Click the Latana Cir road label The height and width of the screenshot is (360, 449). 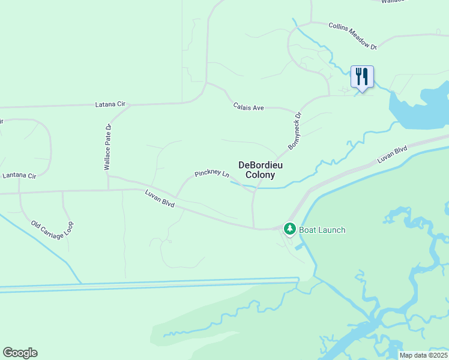coord(110,104)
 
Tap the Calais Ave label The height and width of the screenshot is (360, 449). coord(249,107)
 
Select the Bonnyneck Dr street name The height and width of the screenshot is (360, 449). coord(295,130)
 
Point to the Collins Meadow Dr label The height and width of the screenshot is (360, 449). coord(352,36)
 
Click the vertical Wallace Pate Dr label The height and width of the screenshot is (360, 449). coord(108,148)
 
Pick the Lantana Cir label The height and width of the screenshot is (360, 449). coord(19,176)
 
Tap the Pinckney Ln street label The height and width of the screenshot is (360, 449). coord(212,174)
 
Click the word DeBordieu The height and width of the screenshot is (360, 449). coord(261,165)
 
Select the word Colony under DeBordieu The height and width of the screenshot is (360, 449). coord(261,175)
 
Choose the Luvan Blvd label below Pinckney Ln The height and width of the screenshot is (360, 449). coord(160,199)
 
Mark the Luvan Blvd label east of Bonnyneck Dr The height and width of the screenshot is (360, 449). coord(393,154)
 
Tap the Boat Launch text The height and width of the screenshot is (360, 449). coord(322,230)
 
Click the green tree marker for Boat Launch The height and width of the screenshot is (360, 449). coord(290,229)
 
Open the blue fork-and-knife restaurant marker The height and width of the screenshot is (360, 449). coord(362,77)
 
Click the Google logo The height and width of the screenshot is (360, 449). coord(20,353)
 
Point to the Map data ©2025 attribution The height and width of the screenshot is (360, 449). coord(423,355)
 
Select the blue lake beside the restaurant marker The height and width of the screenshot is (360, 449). coord(420,108)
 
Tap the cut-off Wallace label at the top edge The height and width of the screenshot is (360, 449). coord(393,2)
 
